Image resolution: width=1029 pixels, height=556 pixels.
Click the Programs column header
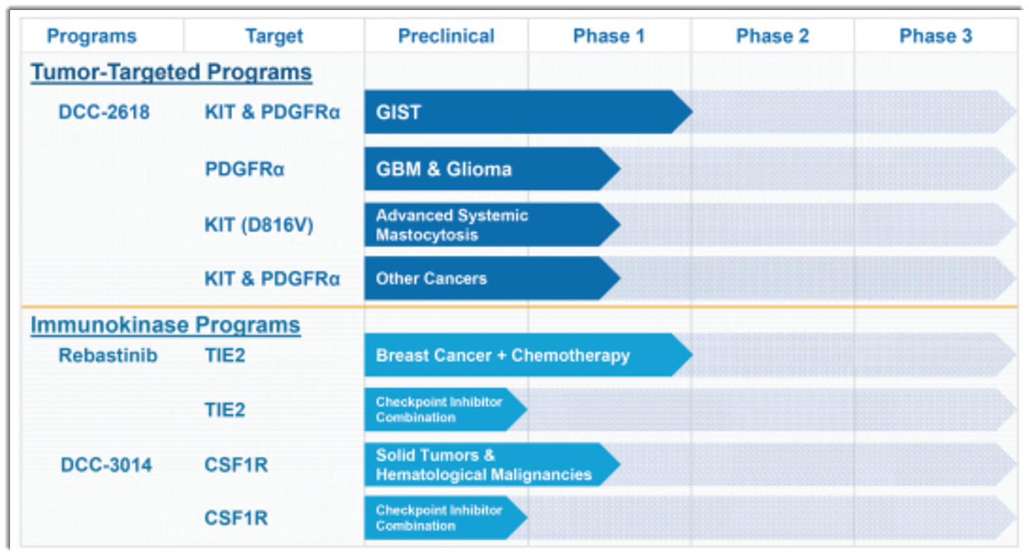(x=92, y=36)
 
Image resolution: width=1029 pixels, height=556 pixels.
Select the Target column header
(x=274, y=36)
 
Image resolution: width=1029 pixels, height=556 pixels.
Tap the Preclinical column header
(x=446, y=36)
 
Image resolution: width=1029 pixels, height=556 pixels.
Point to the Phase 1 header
(x=609, y=36)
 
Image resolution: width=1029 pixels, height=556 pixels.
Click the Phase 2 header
(x=773, y=36)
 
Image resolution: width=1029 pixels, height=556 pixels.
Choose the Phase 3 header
(x=936, y=36)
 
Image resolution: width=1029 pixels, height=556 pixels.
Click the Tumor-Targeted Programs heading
(x=171, y=72)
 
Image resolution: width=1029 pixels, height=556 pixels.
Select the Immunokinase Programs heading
(x=165, y=325)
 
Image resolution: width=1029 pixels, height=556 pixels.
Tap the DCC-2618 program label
(x=104, y=112)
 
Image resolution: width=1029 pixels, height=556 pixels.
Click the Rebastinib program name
(x=108, y=355)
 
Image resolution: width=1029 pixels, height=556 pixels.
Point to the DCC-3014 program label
(x=106, y=464)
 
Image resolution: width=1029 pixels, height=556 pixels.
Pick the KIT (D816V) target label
(x=258, y=225)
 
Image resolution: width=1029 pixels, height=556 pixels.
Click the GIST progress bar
(x=528, y=112)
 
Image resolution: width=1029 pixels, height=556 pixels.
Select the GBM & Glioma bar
(x=493, y=169)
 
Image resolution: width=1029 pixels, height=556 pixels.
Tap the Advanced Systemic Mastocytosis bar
(x=493, y=225)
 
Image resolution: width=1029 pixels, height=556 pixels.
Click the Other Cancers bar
(x=493, y=278)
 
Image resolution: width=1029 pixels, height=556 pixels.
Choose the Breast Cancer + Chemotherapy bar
(x=528, y=355)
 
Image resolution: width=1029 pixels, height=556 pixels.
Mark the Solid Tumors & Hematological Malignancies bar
(x=493, y=464)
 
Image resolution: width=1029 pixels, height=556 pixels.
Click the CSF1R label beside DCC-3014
(x=236, y=464)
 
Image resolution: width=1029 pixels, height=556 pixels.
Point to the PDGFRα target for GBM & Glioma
(x=244, y=169)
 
